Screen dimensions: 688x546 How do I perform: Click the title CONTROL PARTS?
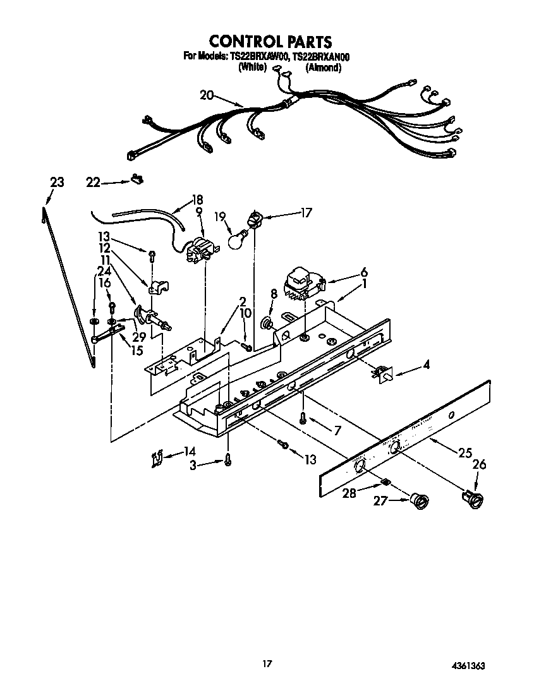coord(270,42)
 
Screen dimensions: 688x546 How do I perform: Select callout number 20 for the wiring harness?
coord(207,95)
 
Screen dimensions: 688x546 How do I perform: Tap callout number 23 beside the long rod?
coord(57,183)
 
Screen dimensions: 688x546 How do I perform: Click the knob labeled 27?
coord(417,501)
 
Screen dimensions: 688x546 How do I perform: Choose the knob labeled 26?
coord(473,498)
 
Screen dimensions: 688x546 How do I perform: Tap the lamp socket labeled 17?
coord(255,220)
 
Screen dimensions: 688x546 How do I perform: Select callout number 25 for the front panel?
coord(465,452)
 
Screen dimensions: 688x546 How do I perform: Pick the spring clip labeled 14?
coord(157,458)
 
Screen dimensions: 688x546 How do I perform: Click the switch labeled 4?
coord(382,376)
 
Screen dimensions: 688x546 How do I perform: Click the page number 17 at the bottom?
coord(267,663)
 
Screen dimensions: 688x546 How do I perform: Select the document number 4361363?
coord(468,666)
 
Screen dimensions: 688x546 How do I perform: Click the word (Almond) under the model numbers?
coord(324,68)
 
